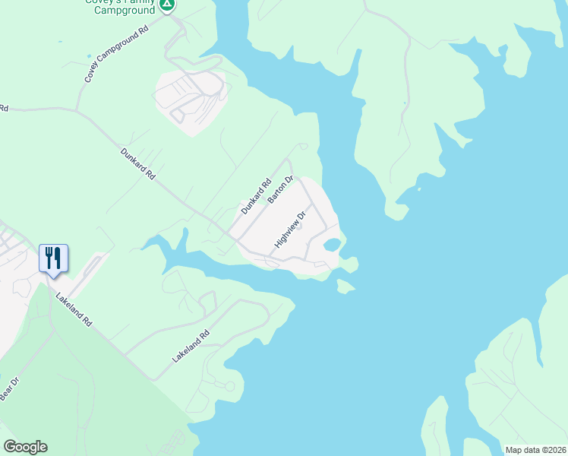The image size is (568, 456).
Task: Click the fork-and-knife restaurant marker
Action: [x=53, y=258]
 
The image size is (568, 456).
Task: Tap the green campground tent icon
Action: [x=168, y=5]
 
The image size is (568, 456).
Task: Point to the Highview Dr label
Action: [x=290, y=229]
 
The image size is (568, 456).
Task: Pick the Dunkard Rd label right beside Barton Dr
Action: [x=256, y=195]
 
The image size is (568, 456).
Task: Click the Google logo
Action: [x=25, y=447]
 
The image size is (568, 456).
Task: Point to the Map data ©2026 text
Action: [x=535, y=450]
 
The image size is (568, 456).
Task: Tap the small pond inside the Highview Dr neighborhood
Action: [x=332, y=245]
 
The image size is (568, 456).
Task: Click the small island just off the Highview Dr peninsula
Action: [x=345, y=286]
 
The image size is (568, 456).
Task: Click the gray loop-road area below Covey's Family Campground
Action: [x=190, y=103]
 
